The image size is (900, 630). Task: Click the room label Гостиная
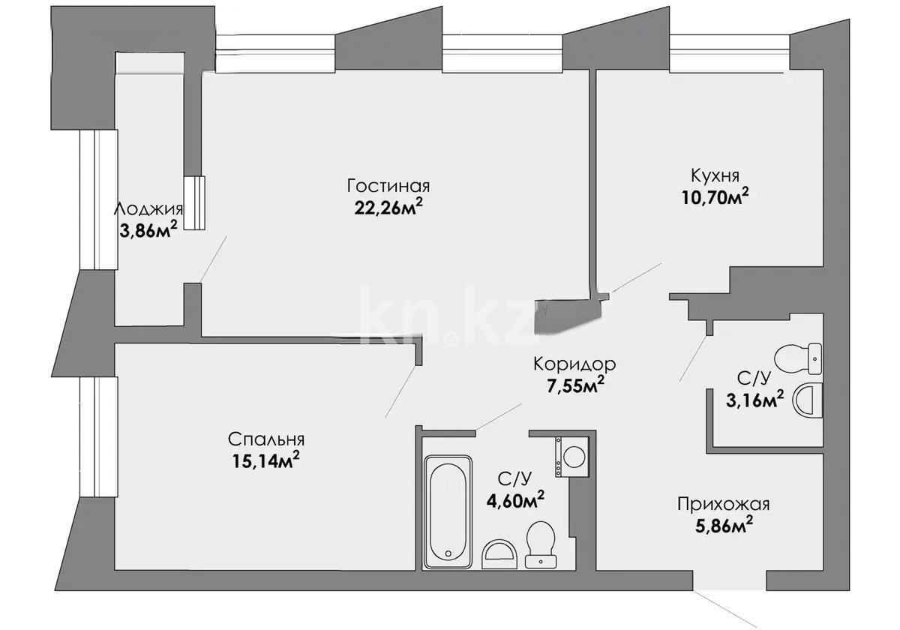(388, 185)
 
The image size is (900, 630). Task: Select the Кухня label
(715, 175)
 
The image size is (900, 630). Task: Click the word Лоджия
(148, 209)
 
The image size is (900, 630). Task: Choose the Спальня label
(267, 439)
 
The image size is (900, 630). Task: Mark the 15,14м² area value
(267, 461)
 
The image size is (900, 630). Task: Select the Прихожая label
(722, 504)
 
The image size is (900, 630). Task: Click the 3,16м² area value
(754, 399)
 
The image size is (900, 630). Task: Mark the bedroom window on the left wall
(97, 436)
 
